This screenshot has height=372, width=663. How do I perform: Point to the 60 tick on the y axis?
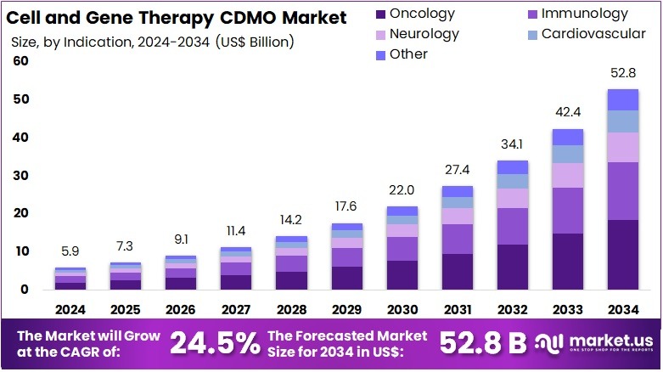click(x=20, y=61)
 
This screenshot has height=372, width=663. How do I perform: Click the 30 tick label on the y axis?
click(x=20, y=176)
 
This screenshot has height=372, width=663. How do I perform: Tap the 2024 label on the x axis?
click(x=70, y=309)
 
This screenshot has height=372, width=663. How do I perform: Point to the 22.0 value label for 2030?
click(x=402, y=190)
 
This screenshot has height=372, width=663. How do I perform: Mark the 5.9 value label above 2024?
click(x=70, y=251)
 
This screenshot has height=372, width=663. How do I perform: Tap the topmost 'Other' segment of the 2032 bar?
click(x=513, y=166)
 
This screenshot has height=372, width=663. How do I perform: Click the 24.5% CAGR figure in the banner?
click(x=215, y=342)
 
